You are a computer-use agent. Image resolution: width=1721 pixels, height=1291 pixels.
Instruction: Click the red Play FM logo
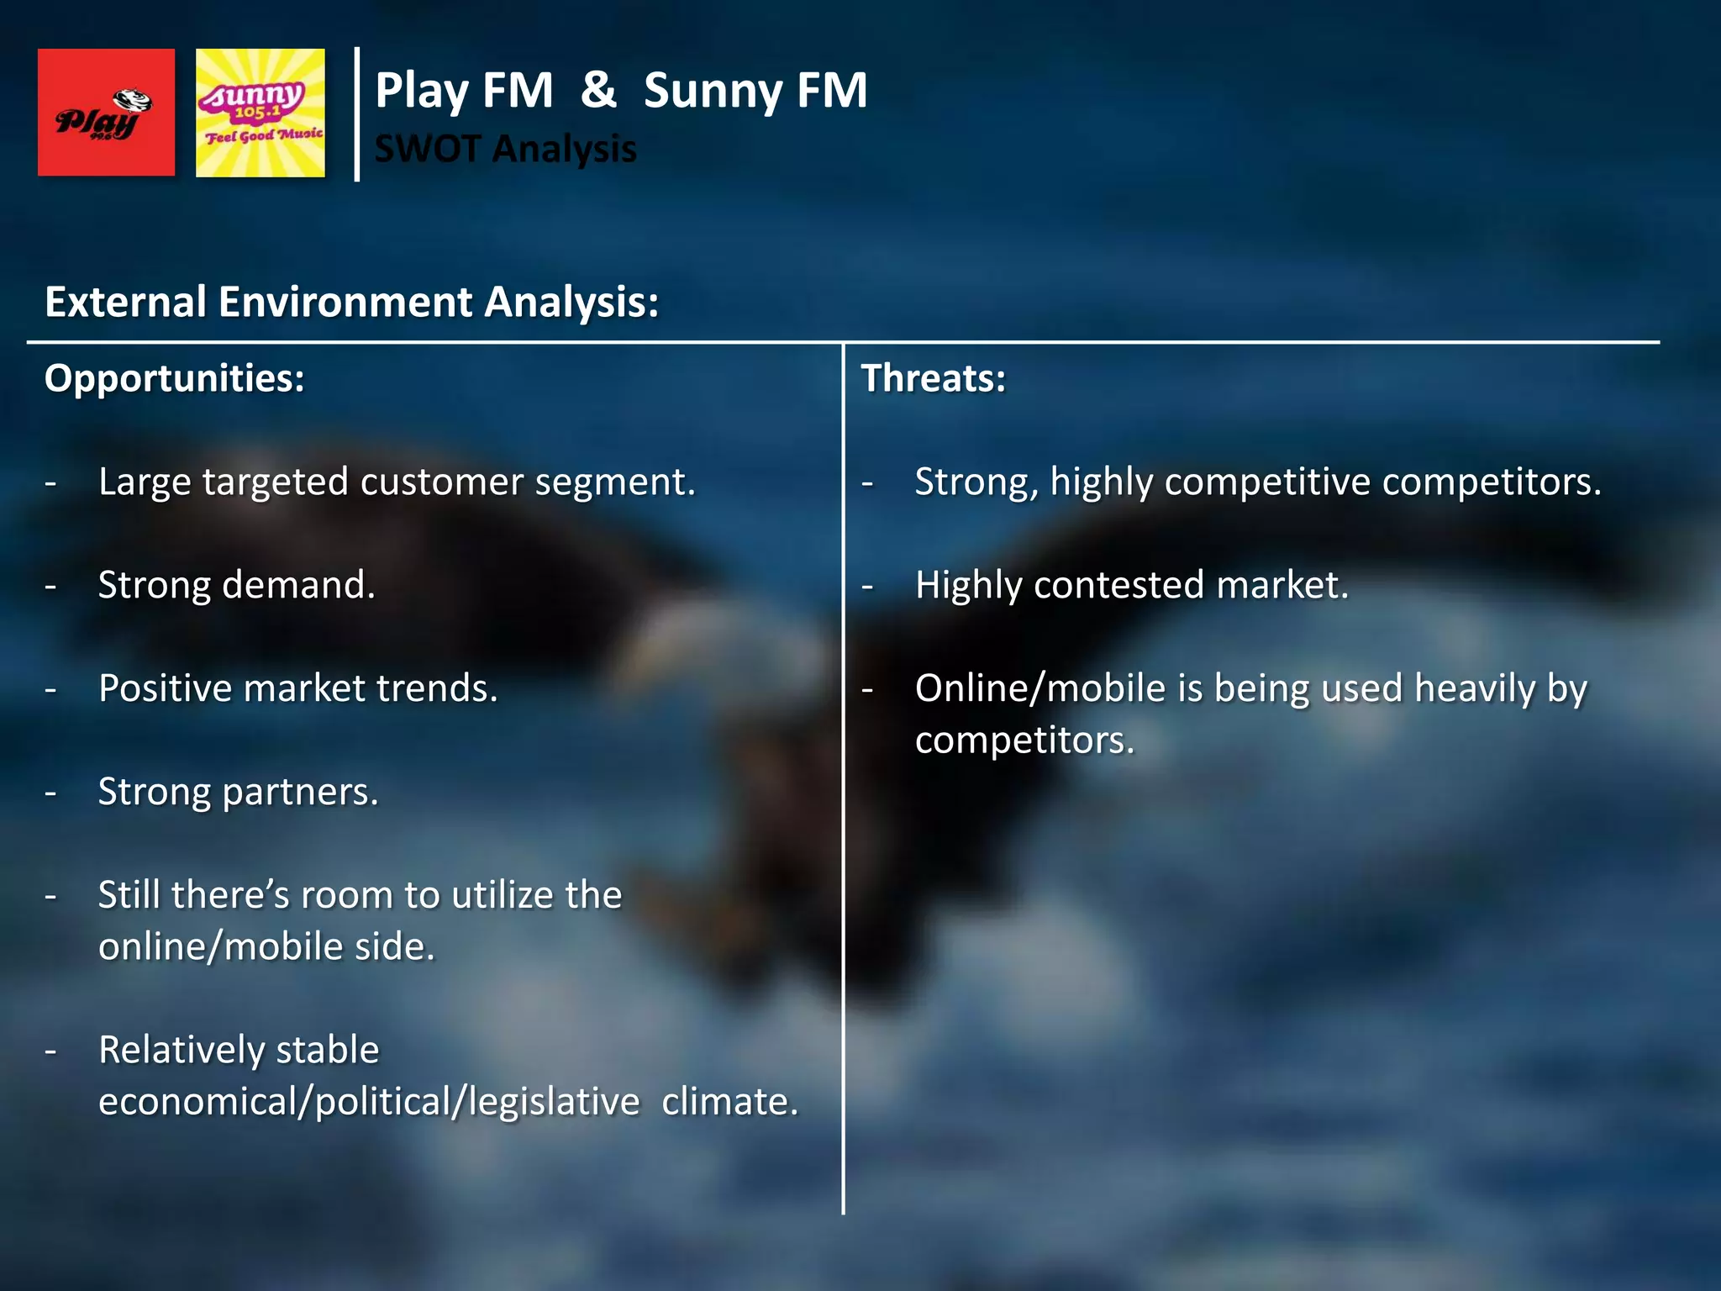coord(106,112)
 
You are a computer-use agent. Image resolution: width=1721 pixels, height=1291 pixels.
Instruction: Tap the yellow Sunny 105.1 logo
coord(260,113)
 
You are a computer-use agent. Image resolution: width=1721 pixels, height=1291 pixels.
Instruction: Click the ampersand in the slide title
coord(598,90)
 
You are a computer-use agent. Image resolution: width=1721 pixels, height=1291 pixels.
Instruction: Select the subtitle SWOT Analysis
coord(505,149)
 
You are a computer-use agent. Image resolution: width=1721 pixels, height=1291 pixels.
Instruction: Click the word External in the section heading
coord(125,302)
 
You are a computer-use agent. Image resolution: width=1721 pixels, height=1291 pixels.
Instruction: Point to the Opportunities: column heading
coord(174,378)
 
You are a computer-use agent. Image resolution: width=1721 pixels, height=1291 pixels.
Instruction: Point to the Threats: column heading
coord(933,378)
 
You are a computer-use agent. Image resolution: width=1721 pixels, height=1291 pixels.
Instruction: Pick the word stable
coord(327,1050)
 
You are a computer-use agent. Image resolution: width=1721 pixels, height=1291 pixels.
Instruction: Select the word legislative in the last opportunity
coord(554,1102)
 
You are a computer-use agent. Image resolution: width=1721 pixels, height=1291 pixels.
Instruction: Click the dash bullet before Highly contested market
coord(868,586)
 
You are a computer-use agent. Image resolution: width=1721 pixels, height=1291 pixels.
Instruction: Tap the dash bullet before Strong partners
coord(51,793)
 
